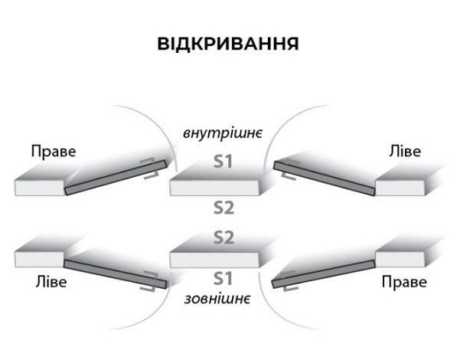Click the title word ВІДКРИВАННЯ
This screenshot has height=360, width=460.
pos(228,44)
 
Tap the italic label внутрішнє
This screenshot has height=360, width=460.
pos(223,133)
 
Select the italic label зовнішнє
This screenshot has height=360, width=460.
pos(217,299)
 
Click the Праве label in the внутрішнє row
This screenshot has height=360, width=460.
pos(54,152)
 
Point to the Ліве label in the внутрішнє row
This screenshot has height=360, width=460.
pos(405,151)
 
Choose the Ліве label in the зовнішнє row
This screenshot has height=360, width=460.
pos(51,282)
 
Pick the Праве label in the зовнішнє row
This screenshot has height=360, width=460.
pos(404,282)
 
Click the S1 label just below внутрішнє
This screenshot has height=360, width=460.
pos(223,162)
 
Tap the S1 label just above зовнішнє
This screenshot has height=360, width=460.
pos(223,279)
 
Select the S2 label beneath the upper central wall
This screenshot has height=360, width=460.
pos(223,208)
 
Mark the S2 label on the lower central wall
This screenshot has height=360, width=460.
pos(223,237)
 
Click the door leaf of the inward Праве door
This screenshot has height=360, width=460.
pos(116,178)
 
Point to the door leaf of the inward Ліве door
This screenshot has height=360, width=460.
pos(325,178)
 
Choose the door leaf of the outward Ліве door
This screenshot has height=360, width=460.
pos(116,274)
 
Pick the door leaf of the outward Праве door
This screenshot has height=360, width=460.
pos(323,274)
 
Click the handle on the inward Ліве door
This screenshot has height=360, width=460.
pos(290,169)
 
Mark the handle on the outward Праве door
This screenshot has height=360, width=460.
pos(290,281)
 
